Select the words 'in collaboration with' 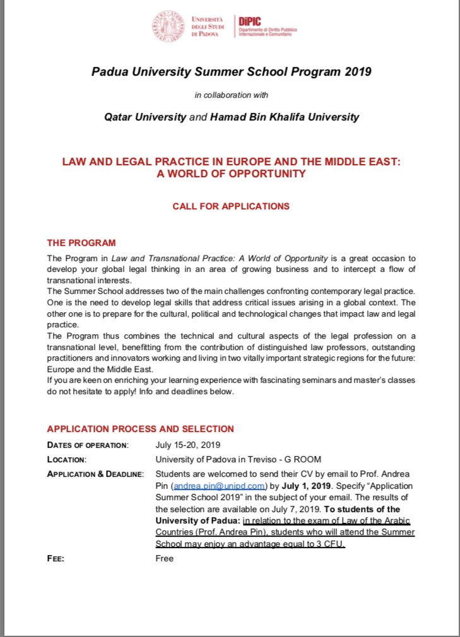coord(231,95)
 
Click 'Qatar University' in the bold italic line coord(146,117)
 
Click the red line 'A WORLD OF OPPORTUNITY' coord(231,173)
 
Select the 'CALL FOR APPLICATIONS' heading coord(231,206)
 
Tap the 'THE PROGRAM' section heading coord(81,243)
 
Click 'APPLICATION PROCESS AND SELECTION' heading coord(140,429)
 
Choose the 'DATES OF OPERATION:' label coord(88,445)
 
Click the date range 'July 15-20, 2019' coord(187,445)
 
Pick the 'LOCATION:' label coord(67,460)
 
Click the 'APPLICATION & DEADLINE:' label coord(95,474)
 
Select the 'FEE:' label coord(56,559)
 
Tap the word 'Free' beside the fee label coord(164,559)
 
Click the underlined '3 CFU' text coord(332,544)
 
